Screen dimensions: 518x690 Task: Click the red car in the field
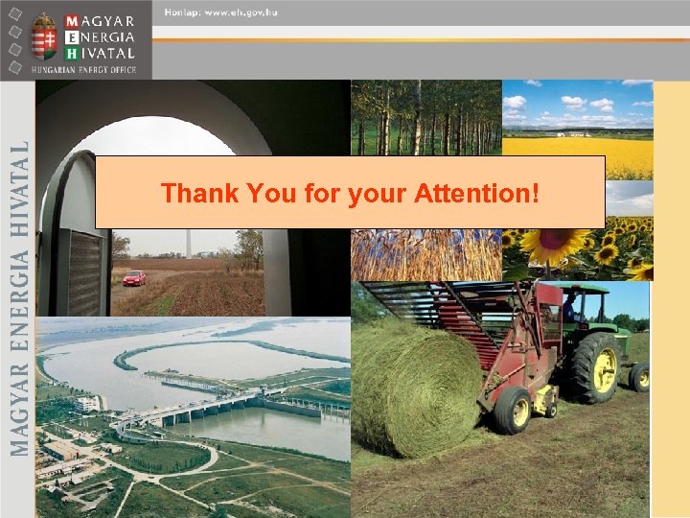pyautogui.click(x=134, y=278)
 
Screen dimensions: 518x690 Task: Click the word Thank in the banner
pyautogui.click(x=199, y=194)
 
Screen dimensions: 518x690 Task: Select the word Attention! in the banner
pyautogui.click(x=477, y=194)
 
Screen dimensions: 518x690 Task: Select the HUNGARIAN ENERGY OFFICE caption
pyautogui.click(x=85, y=69)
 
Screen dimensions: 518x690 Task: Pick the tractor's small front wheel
pyautogui.click(x=639, y=376)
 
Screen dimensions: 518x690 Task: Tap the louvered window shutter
pyautogui.click(x=85, y=273)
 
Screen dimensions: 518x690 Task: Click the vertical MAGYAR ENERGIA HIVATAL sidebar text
pyautogui.click(x=18, y=297)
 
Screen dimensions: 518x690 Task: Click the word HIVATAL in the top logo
pyautogui.click(x=106, y=53)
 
